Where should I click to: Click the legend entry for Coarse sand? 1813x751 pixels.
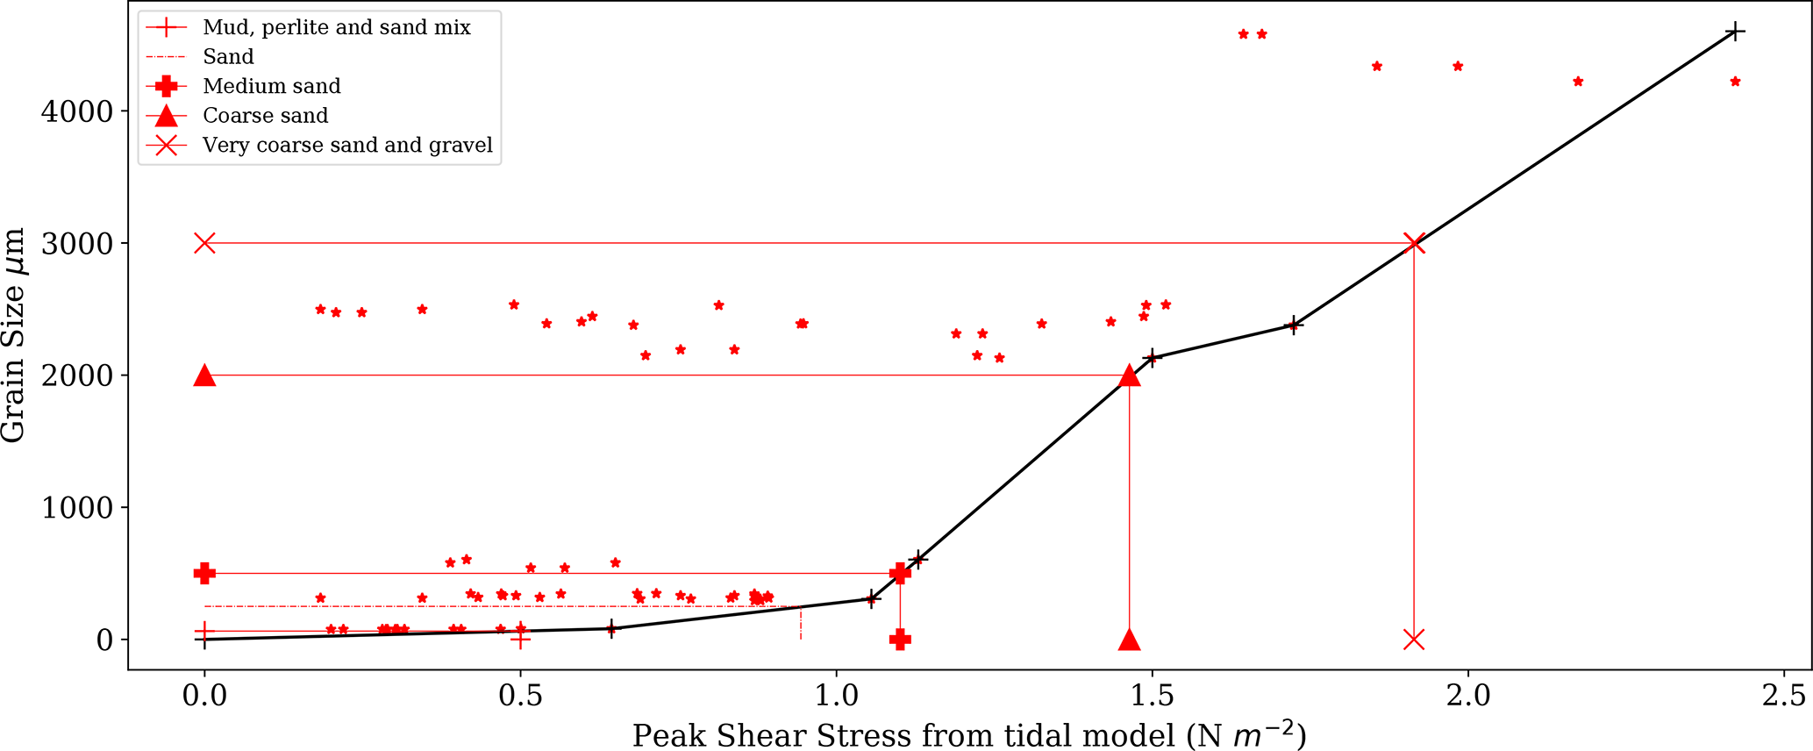point(265,116)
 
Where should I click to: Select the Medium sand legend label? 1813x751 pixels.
point(271,86)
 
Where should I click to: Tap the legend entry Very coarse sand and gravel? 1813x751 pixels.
point(347,145)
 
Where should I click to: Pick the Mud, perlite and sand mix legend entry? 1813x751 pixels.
point(336,27)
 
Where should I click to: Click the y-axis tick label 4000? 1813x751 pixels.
point(77,111)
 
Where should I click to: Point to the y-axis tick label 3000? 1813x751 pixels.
point(77,244)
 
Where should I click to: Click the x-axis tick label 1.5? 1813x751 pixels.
point(1152,695)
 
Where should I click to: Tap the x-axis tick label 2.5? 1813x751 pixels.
point(1784,695)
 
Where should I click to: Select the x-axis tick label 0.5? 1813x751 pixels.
point(520,695)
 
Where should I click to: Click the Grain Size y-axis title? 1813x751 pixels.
point(14,335)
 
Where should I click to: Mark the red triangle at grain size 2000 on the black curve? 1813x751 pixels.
point(1130,375)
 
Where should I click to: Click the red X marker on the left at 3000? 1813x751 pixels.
point(204,243)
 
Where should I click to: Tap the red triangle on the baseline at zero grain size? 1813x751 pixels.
point(1130,640)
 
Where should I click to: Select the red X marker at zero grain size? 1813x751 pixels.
point(1413,640)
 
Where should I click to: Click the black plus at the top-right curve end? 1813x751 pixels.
point(1734,32)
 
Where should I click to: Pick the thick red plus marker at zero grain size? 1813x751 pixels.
point(900,640)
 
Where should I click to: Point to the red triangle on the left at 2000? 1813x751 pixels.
point(204,375)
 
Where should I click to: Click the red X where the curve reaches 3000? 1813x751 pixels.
point(1413,243)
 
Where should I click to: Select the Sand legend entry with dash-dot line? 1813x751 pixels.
point(228,57)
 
